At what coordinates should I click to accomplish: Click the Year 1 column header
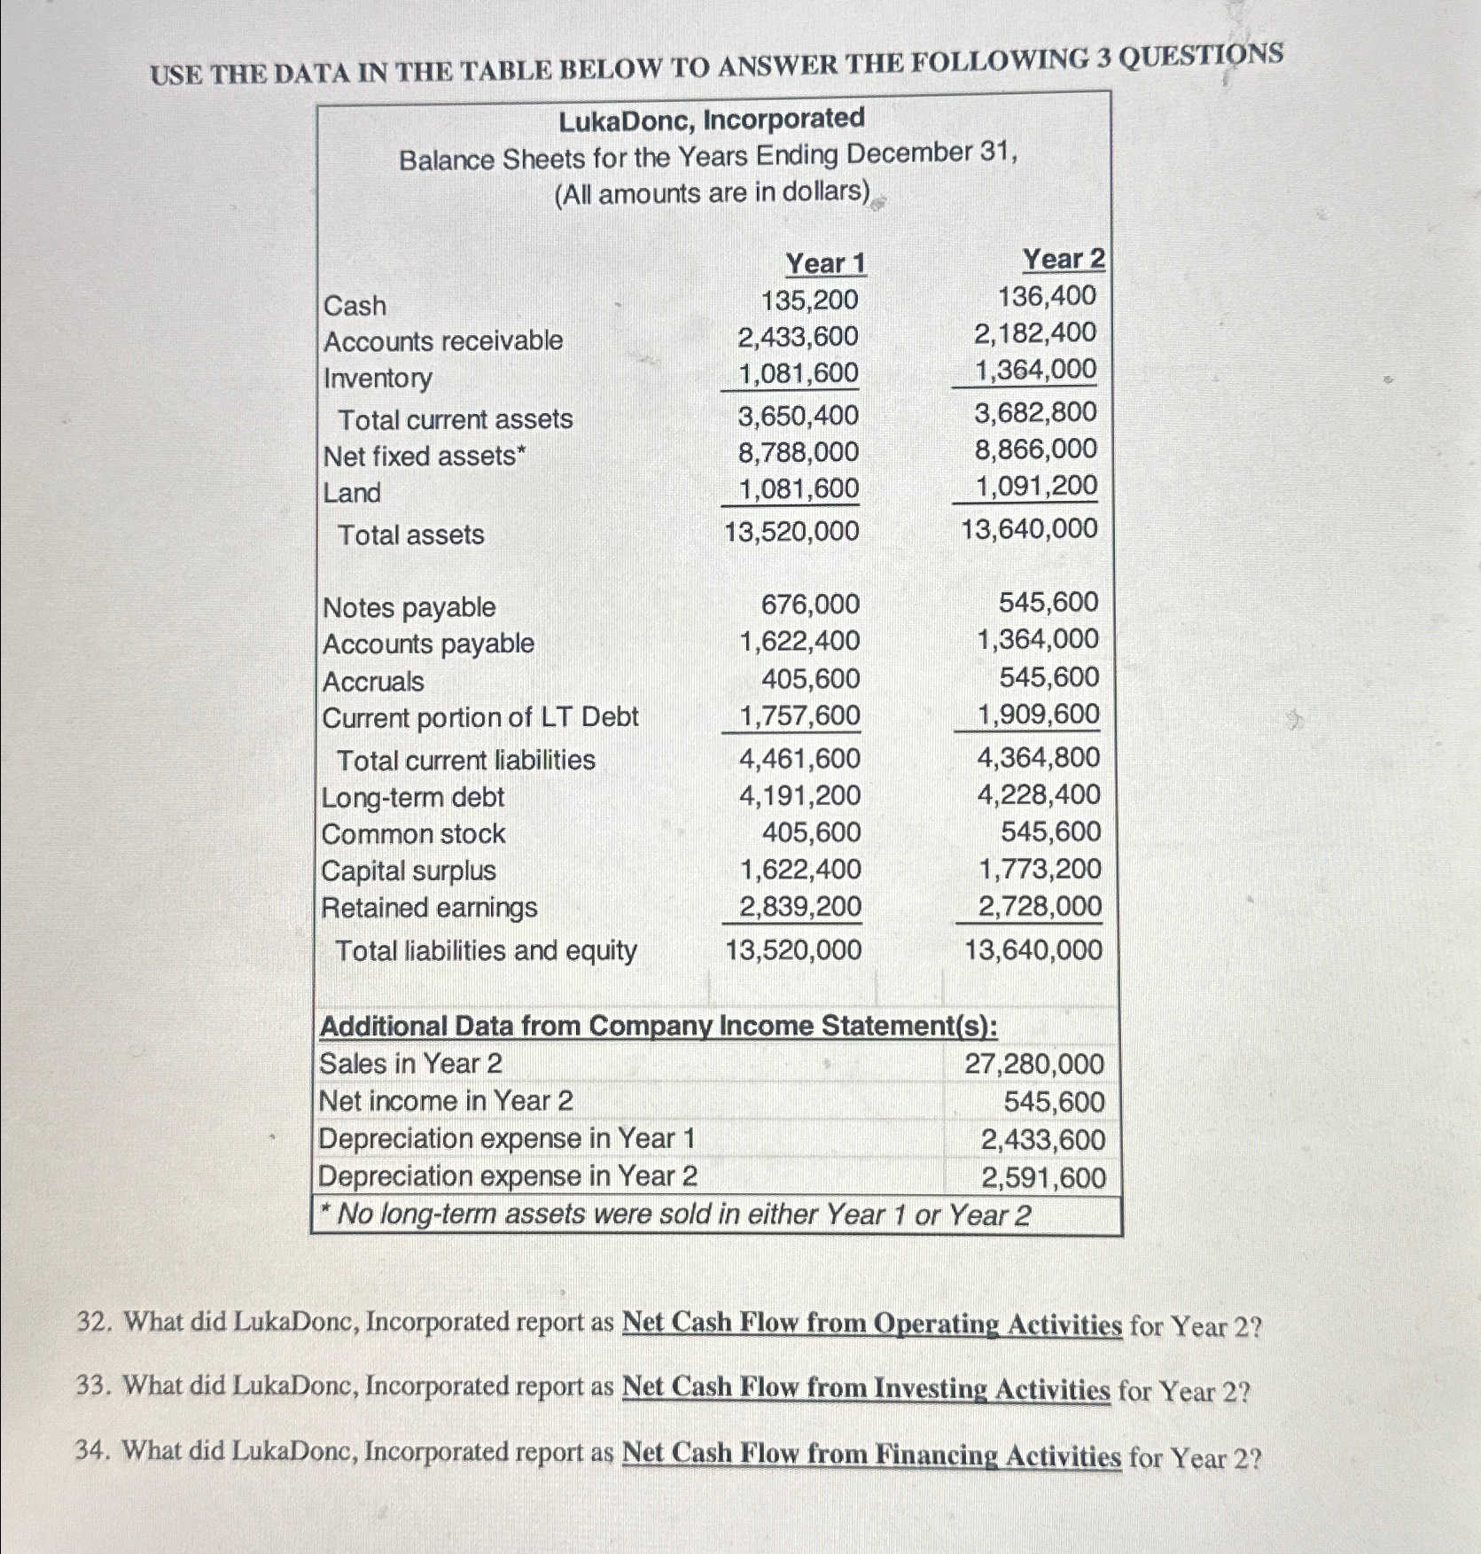pyautogui.click(x=825, y=263)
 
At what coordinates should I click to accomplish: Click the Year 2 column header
pyautogui.click(x=1064, y=259)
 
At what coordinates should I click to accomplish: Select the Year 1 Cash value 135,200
pyautogui.click(x=809, y=301)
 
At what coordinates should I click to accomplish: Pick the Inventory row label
pyautogui.click(x=378, y=379)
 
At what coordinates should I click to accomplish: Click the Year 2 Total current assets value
pyautogui.click(x=1035, y=412)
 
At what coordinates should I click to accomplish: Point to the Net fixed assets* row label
pyautogui.click(x=425, y=457)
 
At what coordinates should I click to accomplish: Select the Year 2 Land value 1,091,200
pyautogui.click(x=1036, y=486)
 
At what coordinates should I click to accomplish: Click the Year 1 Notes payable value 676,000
pyautogui.click(x=810, y=605)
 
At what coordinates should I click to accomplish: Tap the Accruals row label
pyautogui.click(x=373, y=682)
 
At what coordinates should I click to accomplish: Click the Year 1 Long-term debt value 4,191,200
pyautogui.click(x=799, y=796)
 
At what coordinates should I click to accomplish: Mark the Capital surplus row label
pyautogui.click(x=409, y=871)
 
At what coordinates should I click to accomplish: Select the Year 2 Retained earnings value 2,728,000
pyautogui.click(x=1040, y=907)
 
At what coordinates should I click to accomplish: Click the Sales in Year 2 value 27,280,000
pyautogui.click(x=1034, y=1064)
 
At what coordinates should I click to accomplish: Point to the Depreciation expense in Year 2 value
pyautogui.click(x=1042, y=1178)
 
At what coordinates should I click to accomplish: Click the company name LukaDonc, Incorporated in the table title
pyautogui.click(x=711, y=119)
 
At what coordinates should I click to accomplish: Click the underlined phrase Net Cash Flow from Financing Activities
pyautogui.click(x=871, y=1455)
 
